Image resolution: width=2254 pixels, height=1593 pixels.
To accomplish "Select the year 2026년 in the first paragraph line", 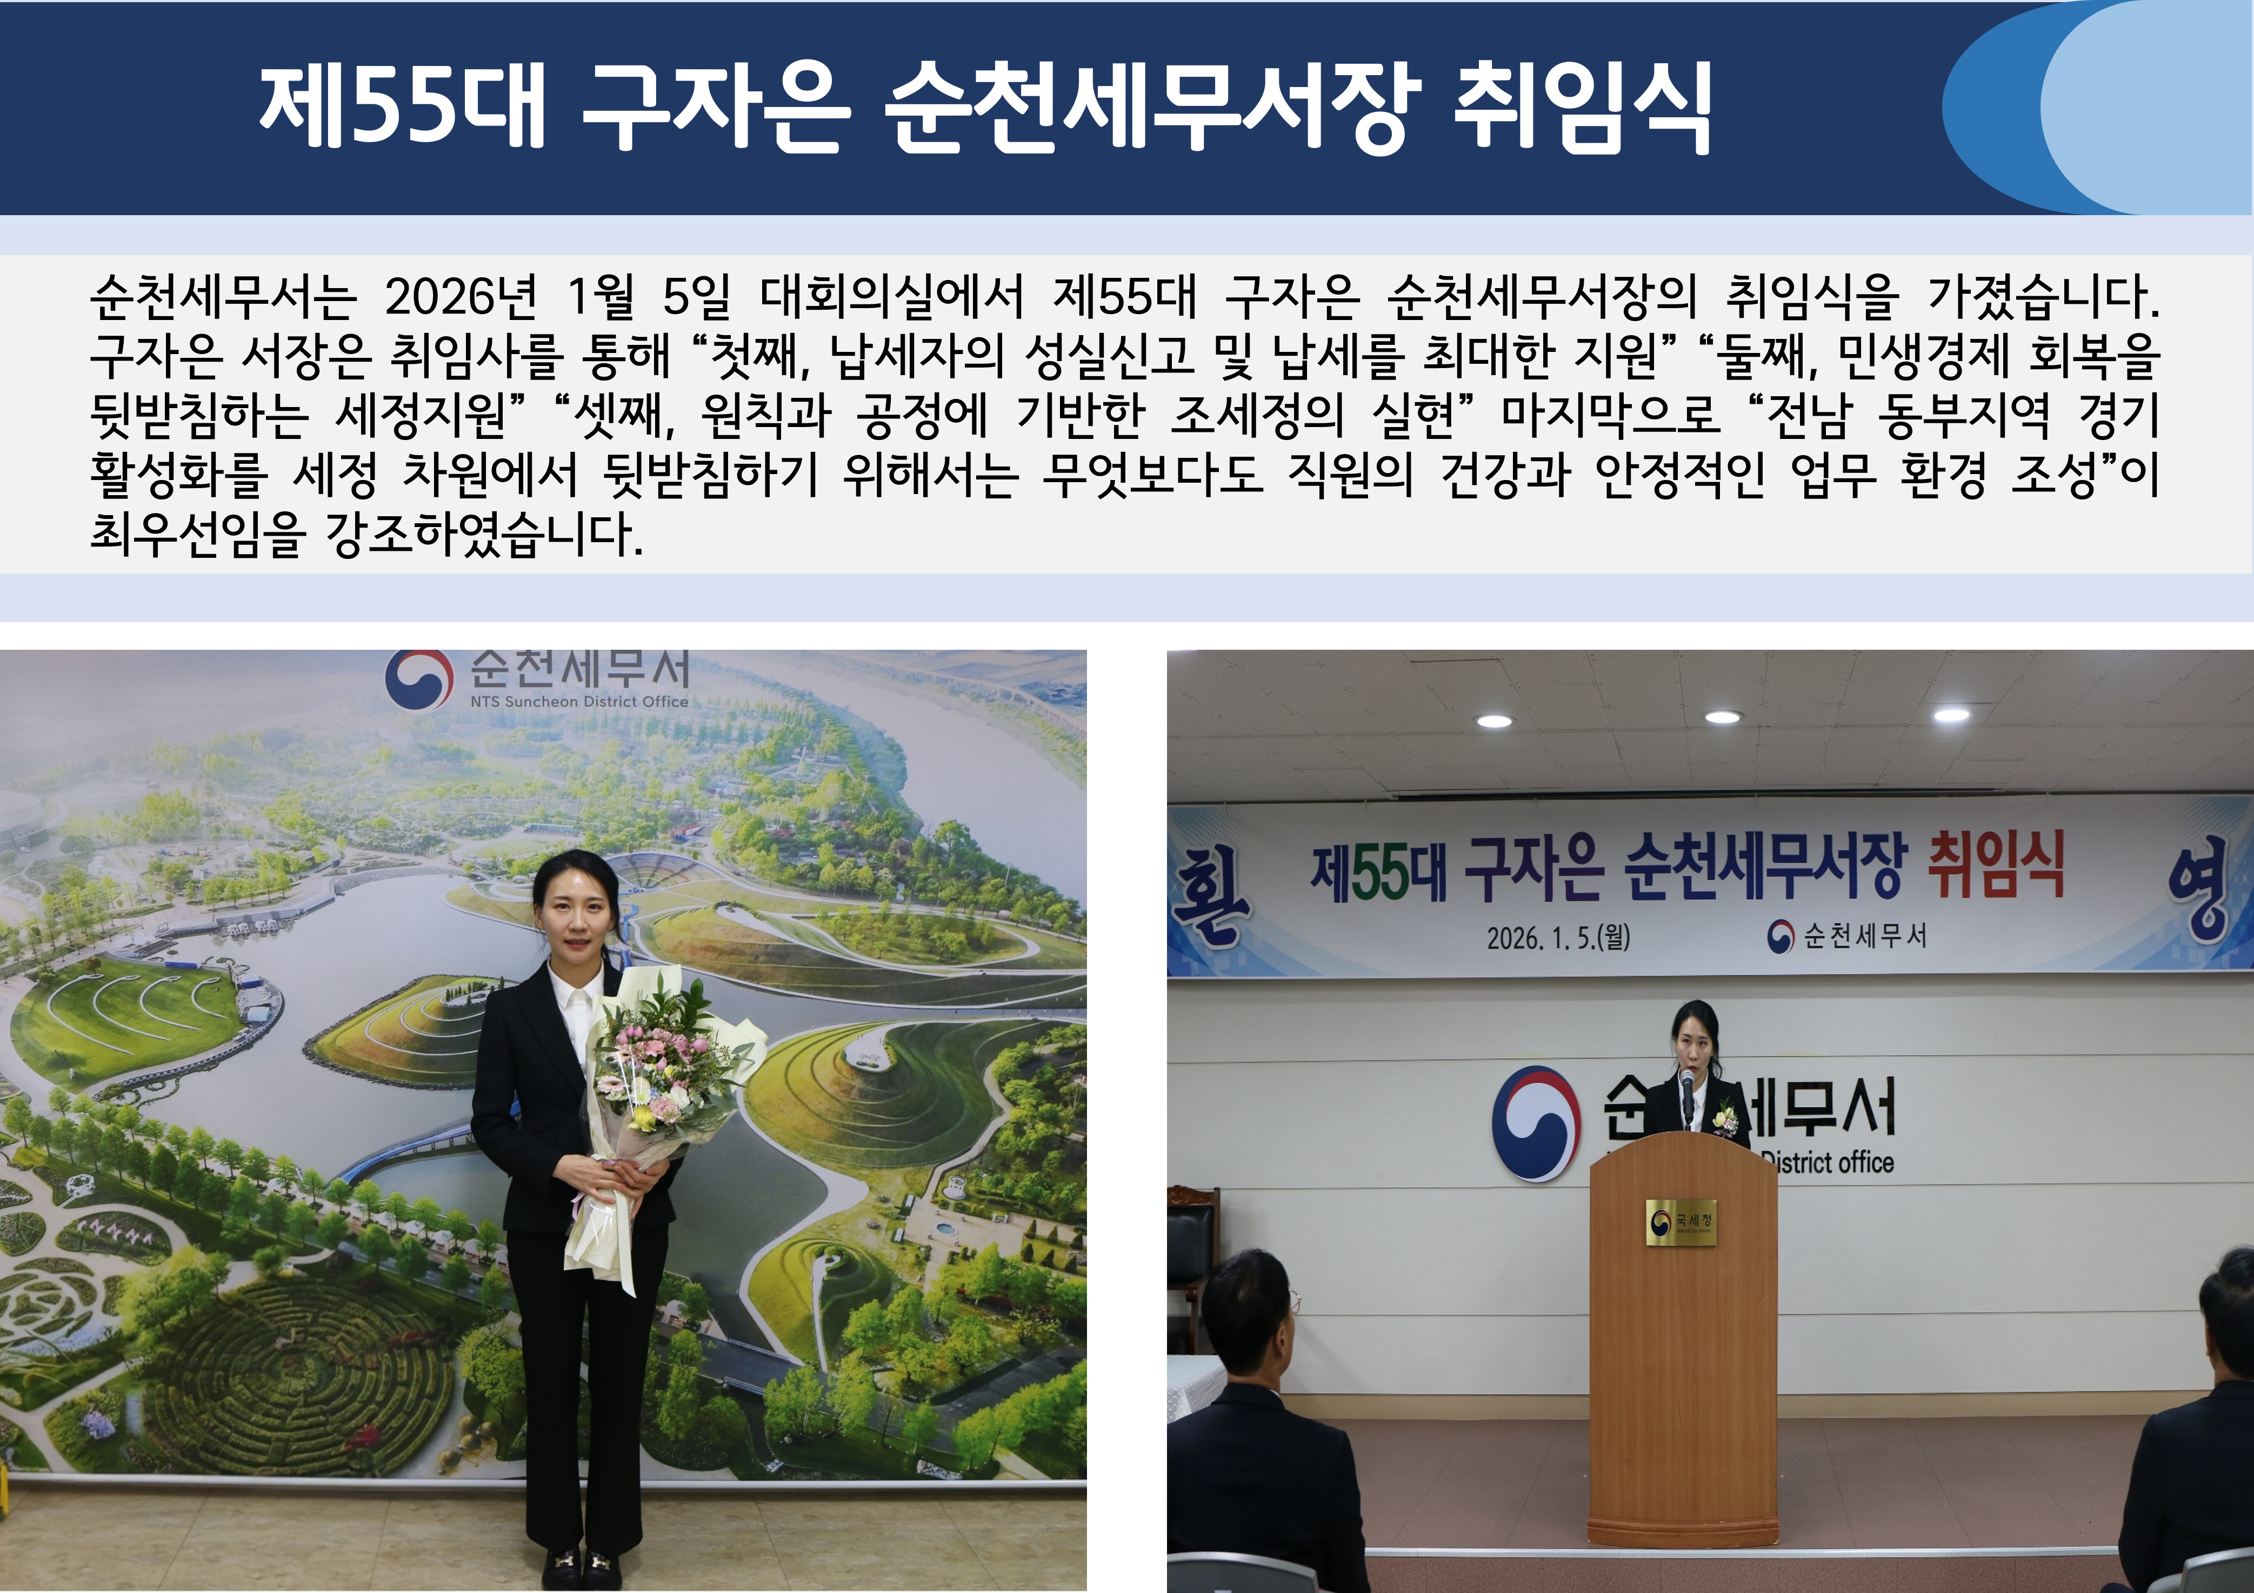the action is [x=461, y=296].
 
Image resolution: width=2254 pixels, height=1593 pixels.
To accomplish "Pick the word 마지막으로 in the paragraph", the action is [x=1611, y=415].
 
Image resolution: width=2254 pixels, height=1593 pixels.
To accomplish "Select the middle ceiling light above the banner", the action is [x=1722, y=717].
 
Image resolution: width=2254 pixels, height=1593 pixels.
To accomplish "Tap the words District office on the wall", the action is [x=1828, y=1162].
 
